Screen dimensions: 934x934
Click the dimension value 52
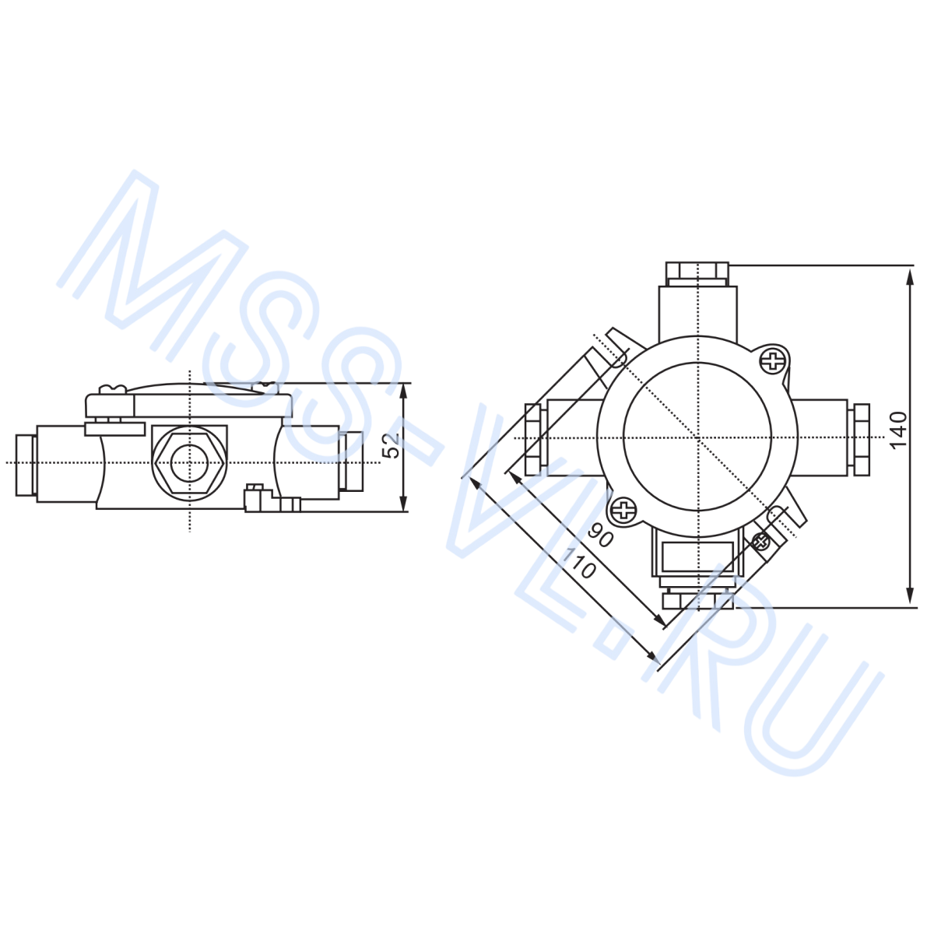393,446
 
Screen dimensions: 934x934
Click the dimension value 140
899,430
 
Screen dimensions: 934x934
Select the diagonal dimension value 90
601,536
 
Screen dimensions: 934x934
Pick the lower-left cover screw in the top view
623,511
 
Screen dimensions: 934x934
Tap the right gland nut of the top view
861,438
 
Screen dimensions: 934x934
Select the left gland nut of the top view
532,439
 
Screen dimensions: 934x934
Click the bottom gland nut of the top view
697,600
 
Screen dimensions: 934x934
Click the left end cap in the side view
26,465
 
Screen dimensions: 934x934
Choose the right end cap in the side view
353,462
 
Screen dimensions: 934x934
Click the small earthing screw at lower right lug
760,540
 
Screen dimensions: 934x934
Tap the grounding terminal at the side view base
257,498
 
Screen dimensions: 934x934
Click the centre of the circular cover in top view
698,438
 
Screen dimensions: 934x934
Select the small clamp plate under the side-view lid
114,427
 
